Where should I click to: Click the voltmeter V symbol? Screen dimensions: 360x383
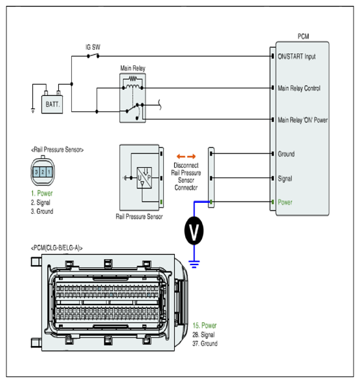point(194,231)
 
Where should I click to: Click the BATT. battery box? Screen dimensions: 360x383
point(52,104)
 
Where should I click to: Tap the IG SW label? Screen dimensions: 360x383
point(93,47)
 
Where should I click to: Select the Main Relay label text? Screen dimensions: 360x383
point(133,68)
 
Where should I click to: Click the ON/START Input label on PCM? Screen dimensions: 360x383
point(297,56)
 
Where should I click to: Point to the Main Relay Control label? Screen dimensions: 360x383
point(299,88)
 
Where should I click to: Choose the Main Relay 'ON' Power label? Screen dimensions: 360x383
point(302,120)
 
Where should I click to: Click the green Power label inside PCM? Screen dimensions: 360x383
point(285,202)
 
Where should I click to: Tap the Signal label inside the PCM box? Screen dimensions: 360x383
point(285,179)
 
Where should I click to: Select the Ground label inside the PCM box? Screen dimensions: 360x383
point(286,154)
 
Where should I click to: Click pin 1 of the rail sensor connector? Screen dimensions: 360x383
point(49,172)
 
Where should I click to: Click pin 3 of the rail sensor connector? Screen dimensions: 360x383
point(36,172)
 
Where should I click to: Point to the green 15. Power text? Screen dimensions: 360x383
point(205,325)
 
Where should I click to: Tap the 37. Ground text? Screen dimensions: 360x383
point(205,343)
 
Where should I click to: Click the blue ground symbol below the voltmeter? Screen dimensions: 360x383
point(194,264)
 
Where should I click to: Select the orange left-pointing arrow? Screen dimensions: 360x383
point(181,156)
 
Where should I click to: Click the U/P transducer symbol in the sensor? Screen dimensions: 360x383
point(144,178)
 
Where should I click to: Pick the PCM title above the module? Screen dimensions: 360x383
point(303,36)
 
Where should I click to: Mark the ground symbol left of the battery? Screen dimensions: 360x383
point(33,110)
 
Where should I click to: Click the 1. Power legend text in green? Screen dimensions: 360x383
point(41,193)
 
